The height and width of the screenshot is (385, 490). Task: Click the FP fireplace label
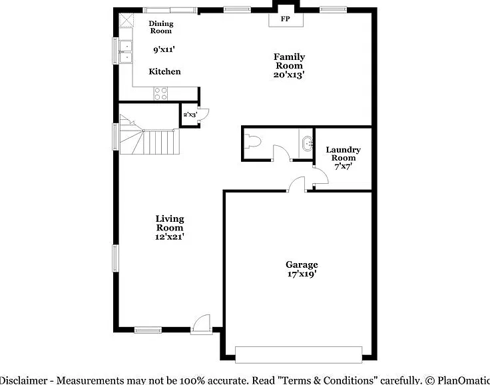click(x=285, y=19)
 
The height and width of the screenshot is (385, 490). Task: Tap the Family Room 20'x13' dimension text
click(x=289, y=75)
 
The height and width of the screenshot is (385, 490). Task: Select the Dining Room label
click(x=161, y=27)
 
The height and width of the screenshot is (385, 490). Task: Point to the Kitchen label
click(x=164, y=72)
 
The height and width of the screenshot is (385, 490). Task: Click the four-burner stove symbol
click(x=160, y=93)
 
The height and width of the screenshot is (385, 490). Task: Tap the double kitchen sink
click(x=126, y=51)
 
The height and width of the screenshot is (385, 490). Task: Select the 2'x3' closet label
click(x=190, y=115)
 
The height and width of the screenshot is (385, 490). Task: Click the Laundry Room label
click(x=343, y=154)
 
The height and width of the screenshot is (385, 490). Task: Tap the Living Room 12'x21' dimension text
click(x=170, y=236)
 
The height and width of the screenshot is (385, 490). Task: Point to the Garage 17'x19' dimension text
click(x=302, y=274)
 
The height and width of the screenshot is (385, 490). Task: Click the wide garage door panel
click(x=298, y=354)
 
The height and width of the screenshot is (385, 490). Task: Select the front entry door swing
click(x=202, y=324)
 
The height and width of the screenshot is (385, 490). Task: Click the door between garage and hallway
click(x=297, y=184)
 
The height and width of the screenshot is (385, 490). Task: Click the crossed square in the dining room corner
click(x=126, y=21)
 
